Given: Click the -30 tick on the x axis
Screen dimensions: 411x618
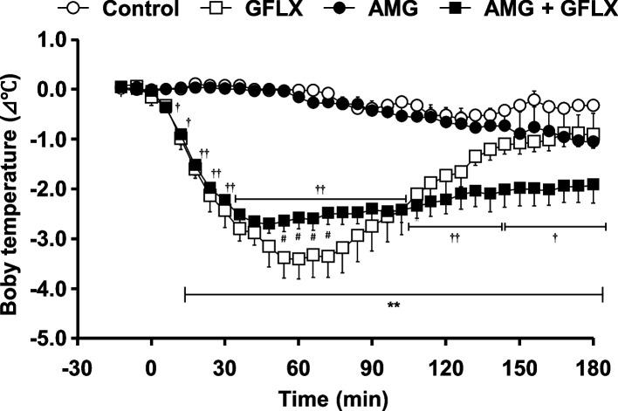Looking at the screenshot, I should tap(77, 361).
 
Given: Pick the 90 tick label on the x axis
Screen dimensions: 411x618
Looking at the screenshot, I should tap(373, 361).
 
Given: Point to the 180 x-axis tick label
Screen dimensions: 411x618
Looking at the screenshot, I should tap(593, 361).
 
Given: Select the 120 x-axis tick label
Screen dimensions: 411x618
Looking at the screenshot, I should tap(446, 361).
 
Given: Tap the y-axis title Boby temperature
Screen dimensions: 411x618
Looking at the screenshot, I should tap(14, 187).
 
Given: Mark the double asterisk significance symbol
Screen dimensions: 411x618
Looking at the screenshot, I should tap(394, 306).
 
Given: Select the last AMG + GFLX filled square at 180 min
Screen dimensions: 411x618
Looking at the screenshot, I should tap(593, 184).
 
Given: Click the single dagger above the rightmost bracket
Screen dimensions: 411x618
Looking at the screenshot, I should tap(555, 236).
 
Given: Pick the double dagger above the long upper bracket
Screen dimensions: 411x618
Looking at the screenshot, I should tap(320, 188).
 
